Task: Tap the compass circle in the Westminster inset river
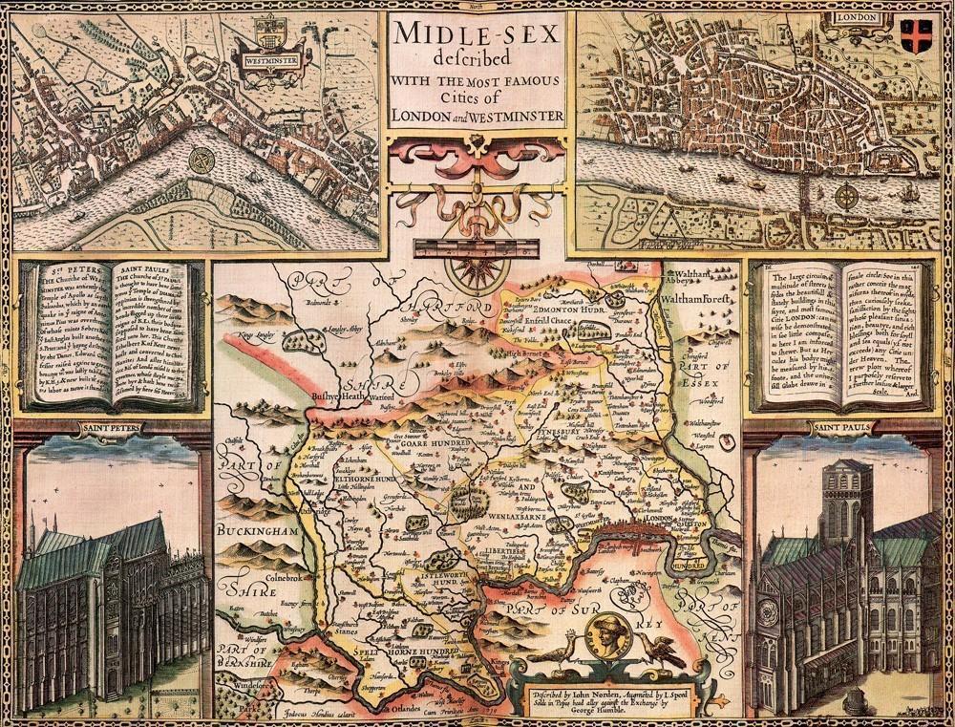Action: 202,160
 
